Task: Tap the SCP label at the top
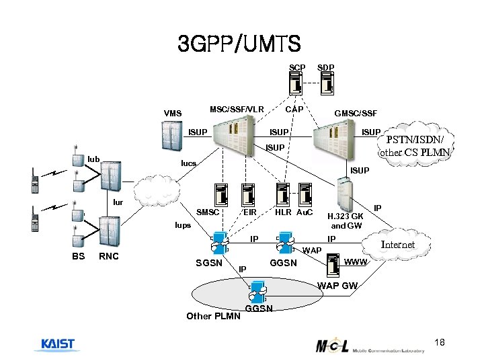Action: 297,68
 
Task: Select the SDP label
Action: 326,68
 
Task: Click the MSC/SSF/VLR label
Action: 237,109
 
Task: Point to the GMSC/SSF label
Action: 356,114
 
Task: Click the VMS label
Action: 173,114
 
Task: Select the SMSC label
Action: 207,212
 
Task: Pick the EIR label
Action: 249,212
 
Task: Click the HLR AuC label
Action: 294,212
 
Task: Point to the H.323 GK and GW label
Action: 346,221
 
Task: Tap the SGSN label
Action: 208,262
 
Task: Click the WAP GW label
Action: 337,286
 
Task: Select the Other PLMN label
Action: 212,316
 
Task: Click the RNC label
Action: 109,256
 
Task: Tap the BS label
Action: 79,256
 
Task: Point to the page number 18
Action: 440,344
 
